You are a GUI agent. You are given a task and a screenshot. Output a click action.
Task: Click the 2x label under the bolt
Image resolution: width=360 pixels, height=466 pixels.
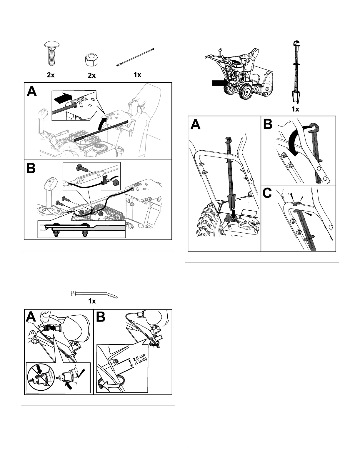pyautogui.click(x=51, y=75)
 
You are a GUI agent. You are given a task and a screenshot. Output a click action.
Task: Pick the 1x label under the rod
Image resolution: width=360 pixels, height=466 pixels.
pyautogui.click(x=137, y=75)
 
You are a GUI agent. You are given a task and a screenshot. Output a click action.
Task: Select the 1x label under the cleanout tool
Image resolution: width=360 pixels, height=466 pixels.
pyautogui.click(x=295, y=109)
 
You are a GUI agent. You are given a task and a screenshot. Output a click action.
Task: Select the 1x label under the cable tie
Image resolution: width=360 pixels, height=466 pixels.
pyautogui.click(x=92, y=301)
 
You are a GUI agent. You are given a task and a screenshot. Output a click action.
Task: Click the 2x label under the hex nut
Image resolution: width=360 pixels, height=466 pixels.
pyautogui.click(x=92, y=76)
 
